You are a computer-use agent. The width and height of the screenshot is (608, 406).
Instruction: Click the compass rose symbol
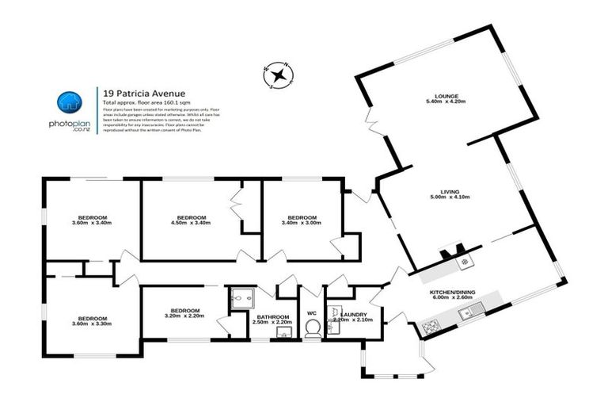279,76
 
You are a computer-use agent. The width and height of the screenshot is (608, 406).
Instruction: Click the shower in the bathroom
240,298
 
